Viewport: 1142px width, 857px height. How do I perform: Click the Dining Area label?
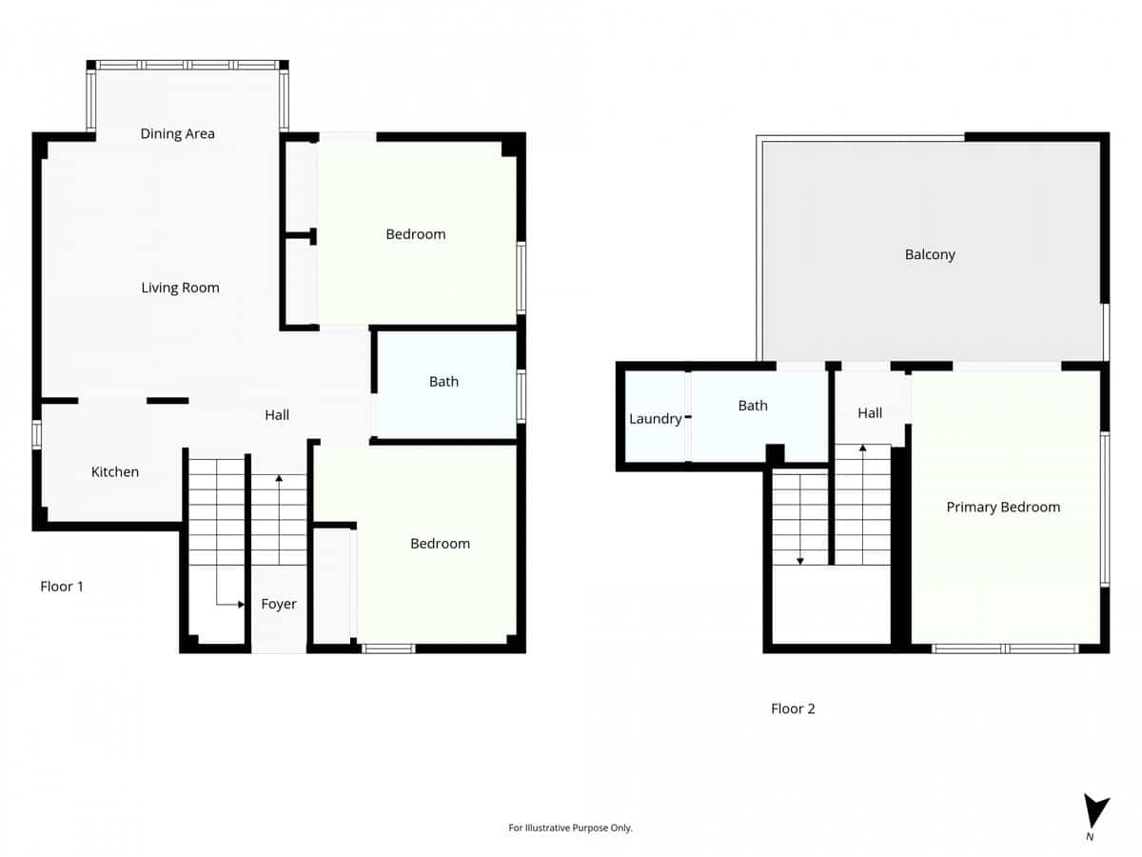(x=178, y=133)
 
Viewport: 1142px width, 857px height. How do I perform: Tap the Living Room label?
(x=180, y=288)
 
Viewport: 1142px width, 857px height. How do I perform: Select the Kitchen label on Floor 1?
(x=115, y=471)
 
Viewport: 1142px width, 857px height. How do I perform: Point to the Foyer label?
(x=279, y=604)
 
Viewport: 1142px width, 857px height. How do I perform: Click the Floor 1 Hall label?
(x=277, y=414)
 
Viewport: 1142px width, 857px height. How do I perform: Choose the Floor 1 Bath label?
(x=443, y=381)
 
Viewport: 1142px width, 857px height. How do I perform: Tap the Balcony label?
(x=930, y=254)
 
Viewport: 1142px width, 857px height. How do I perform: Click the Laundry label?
(x=655, y=419)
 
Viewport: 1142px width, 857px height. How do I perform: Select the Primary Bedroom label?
(x=1003, y=507)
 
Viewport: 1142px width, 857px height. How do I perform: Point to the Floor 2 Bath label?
(x=753, y=406)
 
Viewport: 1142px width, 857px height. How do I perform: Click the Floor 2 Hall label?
(x=870, y=412)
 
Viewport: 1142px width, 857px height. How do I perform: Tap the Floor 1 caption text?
(x=62, y=587)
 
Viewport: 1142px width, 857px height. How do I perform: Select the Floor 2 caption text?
(x=793, y=708)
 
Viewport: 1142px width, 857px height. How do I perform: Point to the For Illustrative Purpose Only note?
(x=571, y=828)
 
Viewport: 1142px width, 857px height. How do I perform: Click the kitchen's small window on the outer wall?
(x=37, y=434)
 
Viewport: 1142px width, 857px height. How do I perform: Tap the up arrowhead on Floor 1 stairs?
(x=279, y=478)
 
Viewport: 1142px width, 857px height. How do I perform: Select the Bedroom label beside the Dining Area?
(x=416, y=234)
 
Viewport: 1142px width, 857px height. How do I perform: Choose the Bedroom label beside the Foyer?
(x=440, y=544)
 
